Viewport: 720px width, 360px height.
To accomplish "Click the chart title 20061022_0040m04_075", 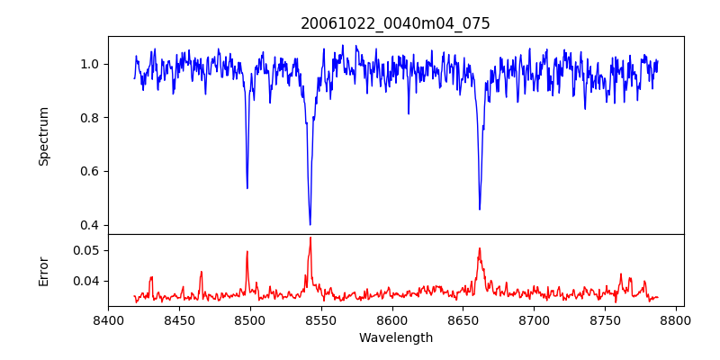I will tap(395, 23).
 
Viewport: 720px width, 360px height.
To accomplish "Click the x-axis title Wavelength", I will tap(395, 337).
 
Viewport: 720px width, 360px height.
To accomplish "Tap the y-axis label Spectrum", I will tap(44, 136).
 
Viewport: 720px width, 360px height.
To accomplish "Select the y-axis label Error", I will tap(44, 270).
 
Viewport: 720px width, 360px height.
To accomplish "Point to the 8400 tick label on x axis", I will tap(108, 319).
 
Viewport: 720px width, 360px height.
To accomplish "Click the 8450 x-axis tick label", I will tap(179, 319).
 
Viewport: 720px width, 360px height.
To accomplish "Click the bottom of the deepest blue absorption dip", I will tap(310, 224).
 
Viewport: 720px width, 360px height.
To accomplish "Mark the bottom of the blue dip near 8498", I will tap(247, 187).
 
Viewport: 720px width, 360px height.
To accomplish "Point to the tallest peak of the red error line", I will tap(310, 238).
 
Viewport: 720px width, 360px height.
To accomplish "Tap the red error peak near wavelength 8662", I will tap(480, 248).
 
